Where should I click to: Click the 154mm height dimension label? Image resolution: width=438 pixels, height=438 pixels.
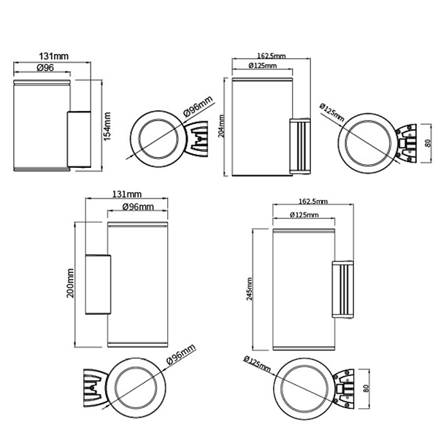click(x=107, y=126)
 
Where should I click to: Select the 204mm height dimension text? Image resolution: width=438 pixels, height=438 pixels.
click(x=221, y=126)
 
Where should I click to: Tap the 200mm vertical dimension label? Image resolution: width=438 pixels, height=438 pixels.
click(x=70, y=283)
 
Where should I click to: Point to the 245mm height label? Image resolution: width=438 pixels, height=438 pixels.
click(x=250, y=289)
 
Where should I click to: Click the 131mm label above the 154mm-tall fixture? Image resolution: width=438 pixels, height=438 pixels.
click(x=53, y=56)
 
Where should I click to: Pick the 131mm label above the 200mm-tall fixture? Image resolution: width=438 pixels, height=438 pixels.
click(x=127, y=194)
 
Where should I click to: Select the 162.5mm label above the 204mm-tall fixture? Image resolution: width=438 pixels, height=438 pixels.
click(x=272, y=56)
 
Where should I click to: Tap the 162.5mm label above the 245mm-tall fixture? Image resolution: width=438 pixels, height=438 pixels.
click(x=313, y=201)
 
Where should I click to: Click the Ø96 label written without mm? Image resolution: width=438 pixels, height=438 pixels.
click(x=45, y=68)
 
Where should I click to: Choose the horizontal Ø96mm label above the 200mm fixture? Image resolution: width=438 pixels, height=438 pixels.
click(x=138, y=207)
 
